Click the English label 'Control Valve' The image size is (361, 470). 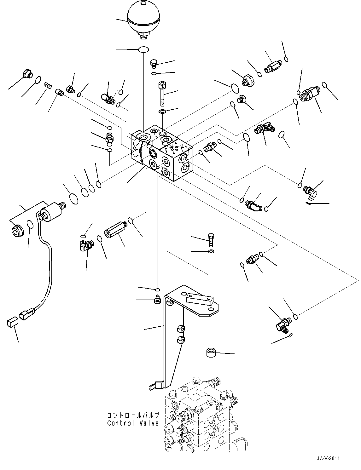[133, 423]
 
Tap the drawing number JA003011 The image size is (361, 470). [329, 459]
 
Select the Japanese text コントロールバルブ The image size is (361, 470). [133, 415]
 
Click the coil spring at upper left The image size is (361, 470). [47, 85]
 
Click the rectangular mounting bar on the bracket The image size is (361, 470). [199, 298]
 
